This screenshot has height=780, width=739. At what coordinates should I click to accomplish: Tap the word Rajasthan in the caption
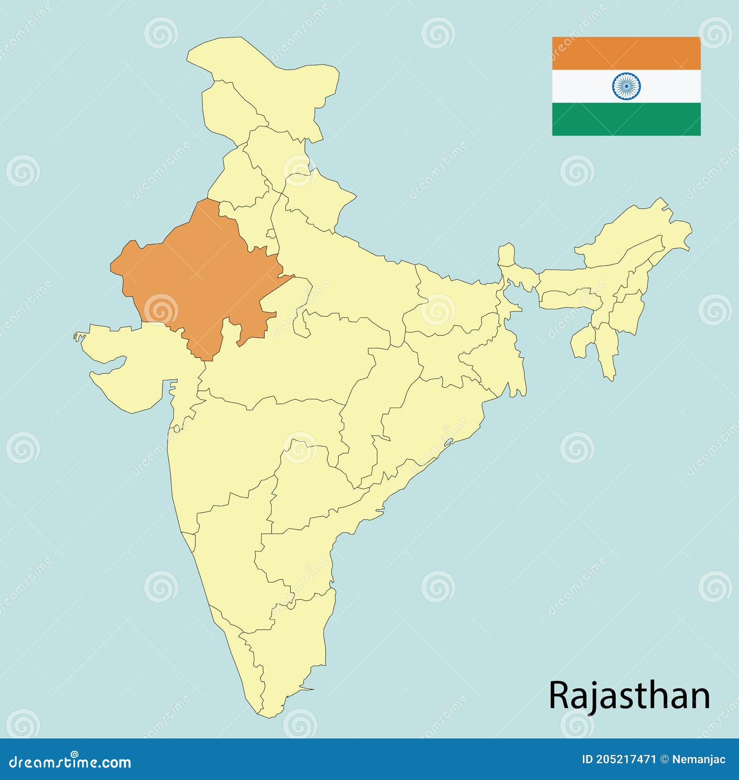[629, 695]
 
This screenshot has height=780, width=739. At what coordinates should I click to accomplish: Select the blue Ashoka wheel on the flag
[626, 86]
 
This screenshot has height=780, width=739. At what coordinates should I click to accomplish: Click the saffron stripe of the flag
[626, 53]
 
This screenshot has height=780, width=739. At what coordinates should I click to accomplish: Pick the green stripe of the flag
[626, 119]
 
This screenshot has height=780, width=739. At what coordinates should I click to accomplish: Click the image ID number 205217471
[626, 760]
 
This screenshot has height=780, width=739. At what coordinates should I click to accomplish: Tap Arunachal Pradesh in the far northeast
[647, 231]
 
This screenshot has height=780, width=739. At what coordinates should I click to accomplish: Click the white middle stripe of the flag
[582, 86]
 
